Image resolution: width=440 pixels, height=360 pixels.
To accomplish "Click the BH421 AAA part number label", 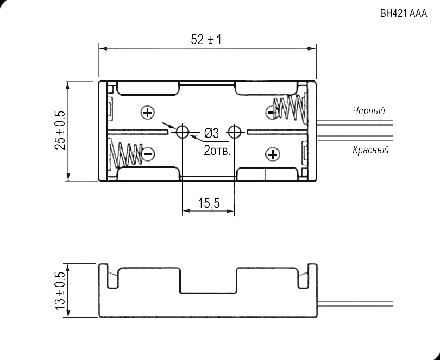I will point(404,14).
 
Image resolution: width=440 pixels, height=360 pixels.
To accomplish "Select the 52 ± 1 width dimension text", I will point(206,40).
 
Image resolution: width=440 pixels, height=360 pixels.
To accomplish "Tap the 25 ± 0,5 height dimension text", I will point(60,130).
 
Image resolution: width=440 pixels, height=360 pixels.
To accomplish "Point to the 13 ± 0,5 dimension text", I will point(60,291).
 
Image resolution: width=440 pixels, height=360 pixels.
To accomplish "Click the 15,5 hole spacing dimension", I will point(208,203).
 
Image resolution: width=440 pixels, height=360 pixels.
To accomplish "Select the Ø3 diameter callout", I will point(211,133).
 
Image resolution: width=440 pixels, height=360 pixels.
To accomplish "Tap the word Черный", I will point(369,111).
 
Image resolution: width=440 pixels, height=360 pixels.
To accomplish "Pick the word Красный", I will point(370,150).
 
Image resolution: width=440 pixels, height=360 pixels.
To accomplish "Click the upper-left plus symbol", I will point(147,113).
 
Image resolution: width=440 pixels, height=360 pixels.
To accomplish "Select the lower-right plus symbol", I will point(272,154).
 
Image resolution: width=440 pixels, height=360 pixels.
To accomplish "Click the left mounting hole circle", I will point(181,132).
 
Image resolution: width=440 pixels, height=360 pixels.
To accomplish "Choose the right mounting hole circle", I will point(235,132).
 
